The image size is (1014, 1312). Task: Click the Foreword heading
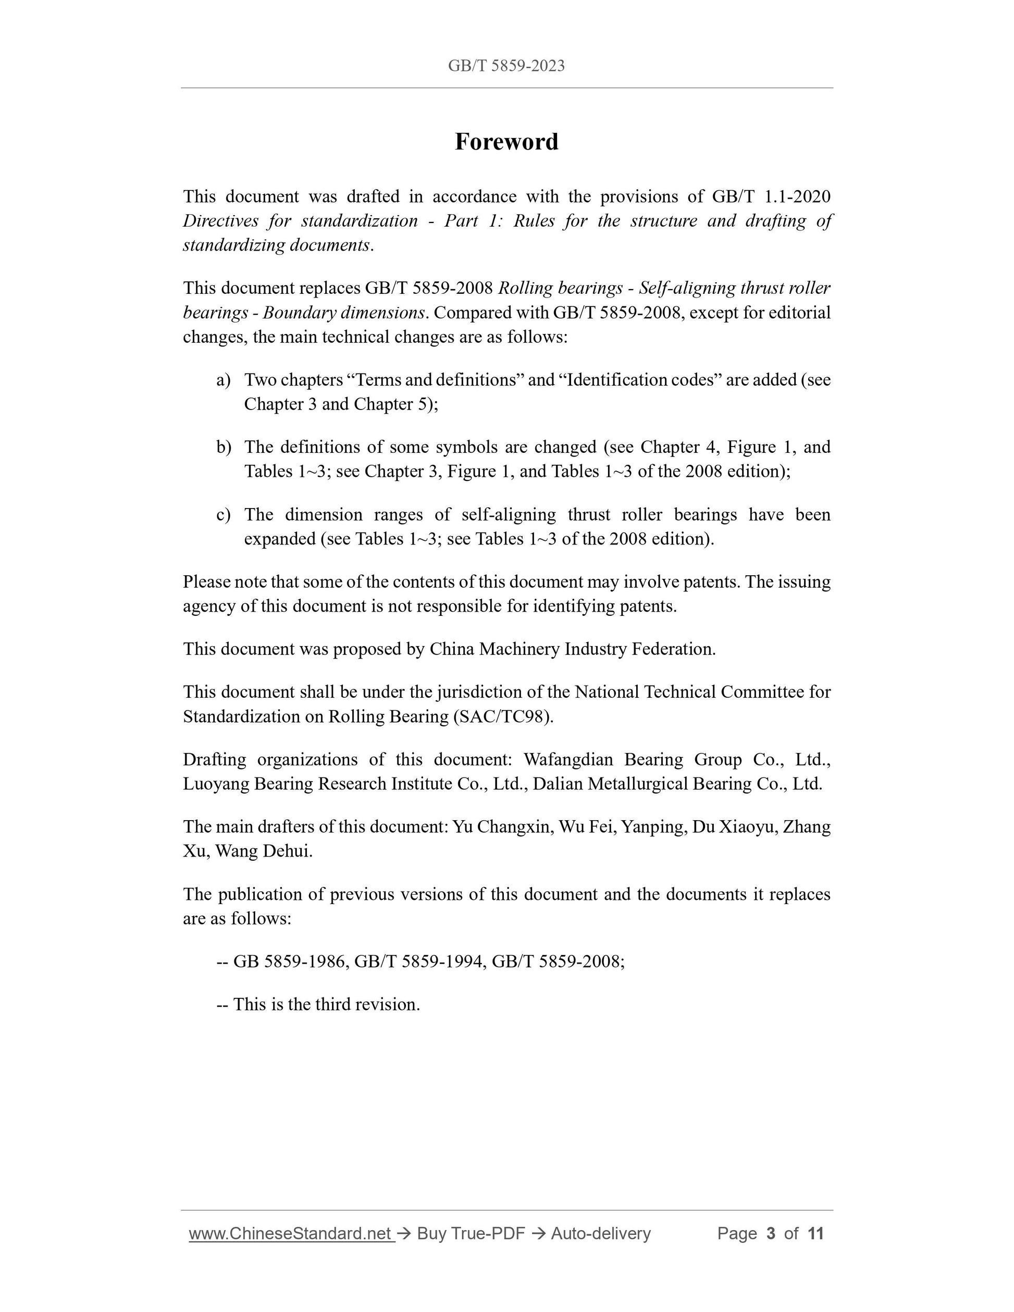(506, 142)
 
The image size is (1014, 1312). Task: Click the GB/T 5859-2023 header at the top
(506, 66)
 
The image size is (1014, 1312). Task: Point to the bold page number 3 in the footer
(770, 1233)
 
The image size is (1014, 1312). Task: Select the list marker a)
(224, 380)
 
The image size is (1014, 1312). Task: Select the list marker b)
(224, 447)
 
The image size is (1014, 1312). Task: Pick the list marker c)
(224, 515)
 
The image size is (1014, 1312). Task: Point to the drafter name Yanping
(653, 827)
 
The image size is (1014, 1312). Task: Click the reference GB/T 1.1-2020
(771, 196)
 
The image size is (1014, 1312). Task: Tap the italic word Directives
(220, 221)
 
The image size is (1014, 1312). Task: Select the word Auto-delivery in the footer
(601, 1233)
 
